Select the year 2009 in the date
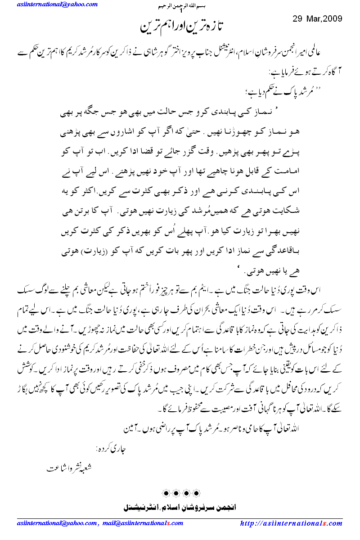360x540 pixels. pos(332,19)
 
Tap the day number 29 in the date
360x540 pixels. pos(297,19)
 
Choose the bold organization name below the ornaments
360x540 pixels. pos(180,507)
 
